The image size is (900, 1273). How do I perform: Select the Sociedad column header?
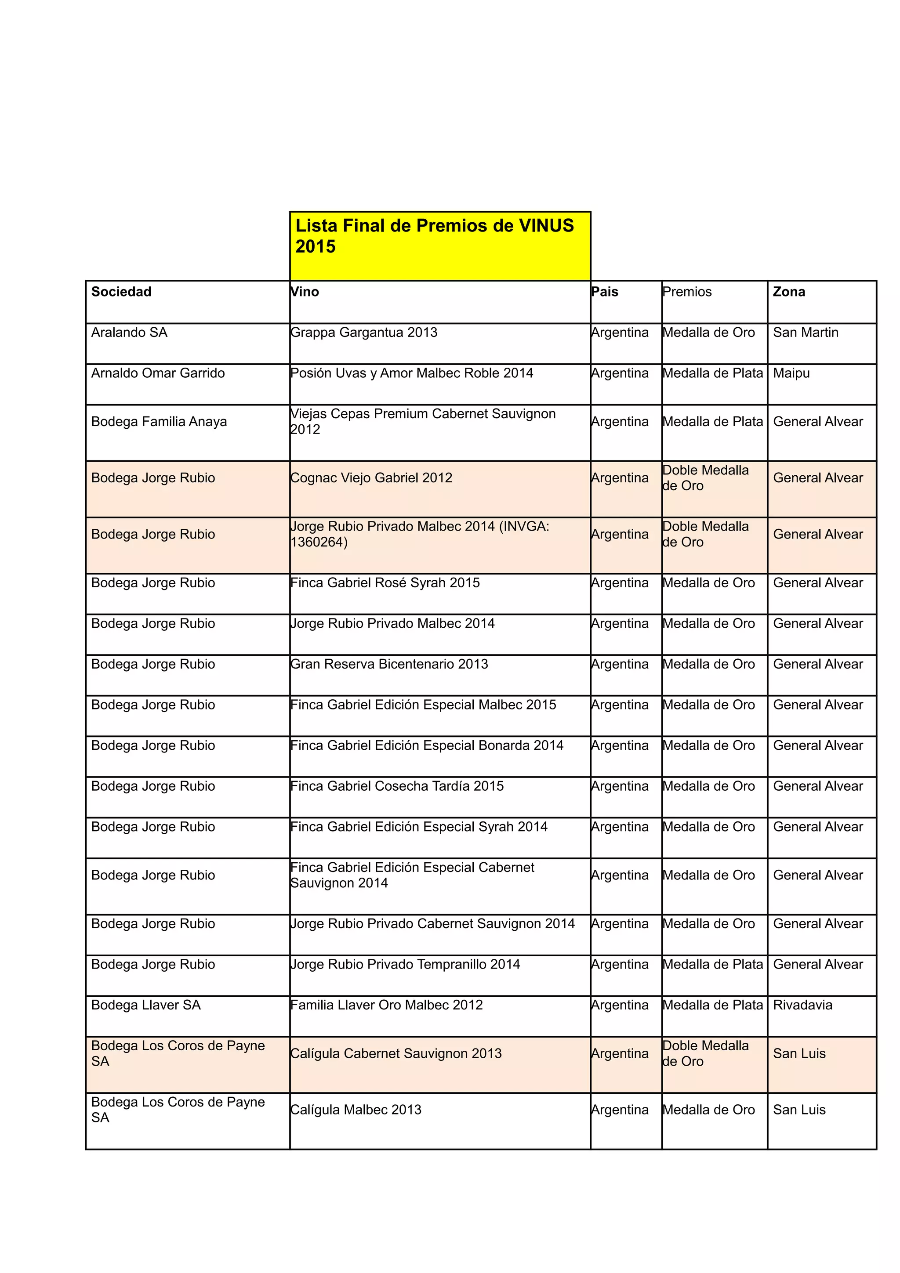tap(121, 292)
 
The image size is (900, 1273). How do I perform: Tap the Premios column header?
tap(686, 292)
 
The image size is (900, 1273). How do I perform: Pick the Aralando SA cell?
tap(129, 332)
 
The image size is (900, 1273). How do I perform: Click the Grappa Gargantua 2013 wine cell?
tap(364, 332)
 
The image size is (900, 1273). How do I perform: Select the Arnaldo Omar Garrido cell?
tap(158, 373)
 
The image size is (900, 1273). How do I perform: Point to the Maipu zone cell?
tap(791, 373)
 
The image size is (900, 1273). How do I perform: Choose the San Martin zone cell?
tap(805, 332)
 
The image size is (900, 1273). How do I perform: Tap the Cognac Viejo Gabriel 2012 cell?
tap(371, 478)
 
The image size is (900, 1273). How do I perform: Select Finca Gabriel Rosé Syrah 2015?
tap(385, 583)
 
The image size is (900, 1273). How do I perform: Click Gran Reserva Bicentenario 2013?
tap(389, 664)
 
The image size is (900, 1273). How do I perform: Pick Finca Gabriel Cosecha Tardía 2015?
tap(397, 786)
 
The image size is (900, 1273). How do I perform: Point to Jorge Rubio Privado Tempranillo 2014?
tap(405, 964)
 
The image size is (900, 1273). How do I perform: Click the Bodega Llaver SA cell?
tap(146, 1005)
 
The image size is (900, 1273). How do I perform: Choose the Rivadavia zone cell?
tap(802, 1005)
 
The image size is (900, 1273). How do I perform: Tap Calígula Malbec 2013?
tap(356, 1110)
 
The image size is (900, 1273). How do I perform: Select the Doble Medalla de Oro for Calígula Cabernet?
tap(705, 1053)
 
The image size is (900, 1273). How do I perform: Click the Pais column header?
tap(604, 292)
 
